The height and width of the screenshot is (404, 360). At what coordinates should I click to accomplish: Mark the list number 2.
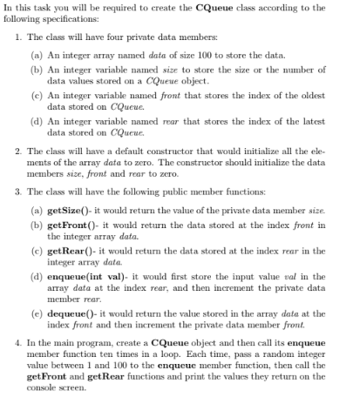point(19,151)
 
